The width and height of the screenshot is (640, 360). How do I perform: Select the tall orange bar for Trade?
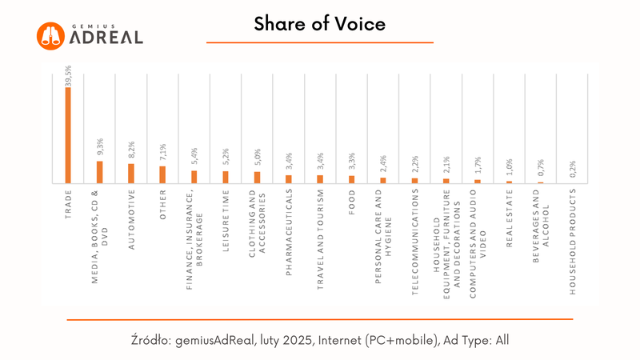click(68, 134)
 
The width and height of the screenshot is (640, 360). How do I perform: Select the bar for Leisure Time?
click(225, 177)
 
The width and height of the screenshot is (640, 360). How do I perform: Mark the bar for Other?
click(162, 174)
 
